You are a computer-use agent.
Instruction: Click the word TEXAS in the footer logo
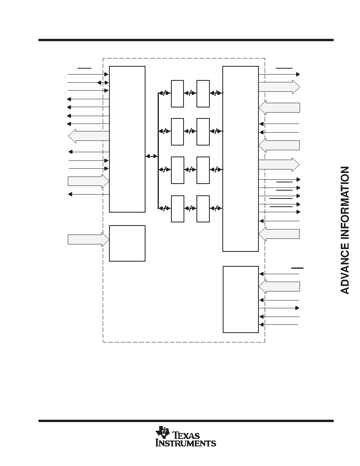pos(186,436)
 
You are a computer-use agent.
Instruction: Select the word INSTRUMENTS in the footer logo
pos(186,443)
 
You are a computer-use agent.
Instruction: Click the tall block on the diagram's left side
pos(127,139)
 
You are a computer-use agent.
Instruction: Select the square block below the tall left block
pos(127,244)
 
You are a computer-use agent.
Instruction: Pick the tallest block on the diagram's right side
pos(241,159)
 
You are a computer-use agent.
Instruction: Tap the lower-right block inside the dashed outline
pos(241,300)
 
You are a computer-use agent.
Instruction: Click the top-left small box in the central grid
pos(177,94)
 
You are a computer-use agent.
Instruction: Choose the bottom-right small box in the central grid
pos(203,209)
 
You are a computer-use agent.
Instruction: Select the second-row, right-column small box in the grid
pos(203,132)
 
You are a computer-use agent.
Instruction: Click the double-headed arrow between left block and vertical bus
pos(151,156)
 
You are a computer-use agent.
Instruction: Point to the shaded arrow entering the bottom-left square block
pos(89,239)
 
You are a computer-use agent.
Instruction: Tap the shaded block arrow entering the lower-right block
pos(279,286)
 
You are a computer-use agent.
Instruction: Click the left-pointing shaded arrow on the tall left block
pos(89,136)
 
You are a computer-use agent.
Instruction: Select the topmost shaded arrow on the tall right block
pos(279,87)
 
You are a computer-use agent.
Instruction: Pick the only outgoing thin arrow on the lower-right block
pos(279,308)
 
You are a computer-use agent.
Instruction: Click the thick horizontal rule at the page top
pos(186,40)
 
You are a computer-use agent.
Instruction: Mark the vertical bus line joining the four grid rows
pos(158,151)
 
